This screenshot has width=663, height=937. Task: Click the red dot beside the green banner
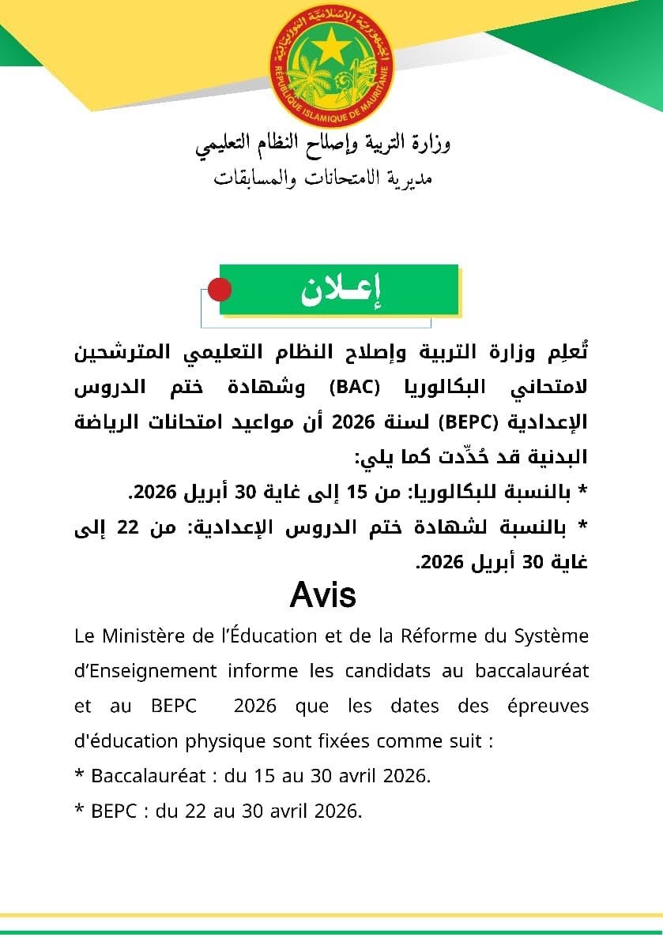point(218,290)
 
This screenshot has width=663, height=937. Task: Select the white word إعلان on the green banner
point(341,291)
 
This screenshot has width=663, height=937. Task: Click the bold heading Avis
point(323,595)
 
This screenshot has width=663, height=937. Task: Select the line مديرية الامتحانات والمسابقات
point(323,178)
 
